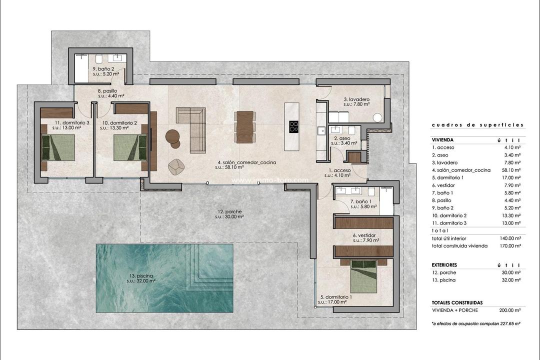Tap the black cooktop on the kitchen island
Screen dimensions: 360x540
[x=293, y=127]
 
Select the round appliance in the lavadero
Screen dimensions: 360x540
[x=378, y=117]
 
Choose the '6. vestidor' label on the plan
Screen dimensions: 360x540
[x=364, y=235]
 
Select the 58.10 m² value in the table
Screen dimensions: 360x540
[x=510, y=170]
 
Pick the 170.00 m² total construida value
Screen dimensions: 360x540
[x=509, y=246]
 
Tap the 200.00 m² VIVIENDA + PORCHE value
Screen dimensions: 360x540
[x=509, y=310]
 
